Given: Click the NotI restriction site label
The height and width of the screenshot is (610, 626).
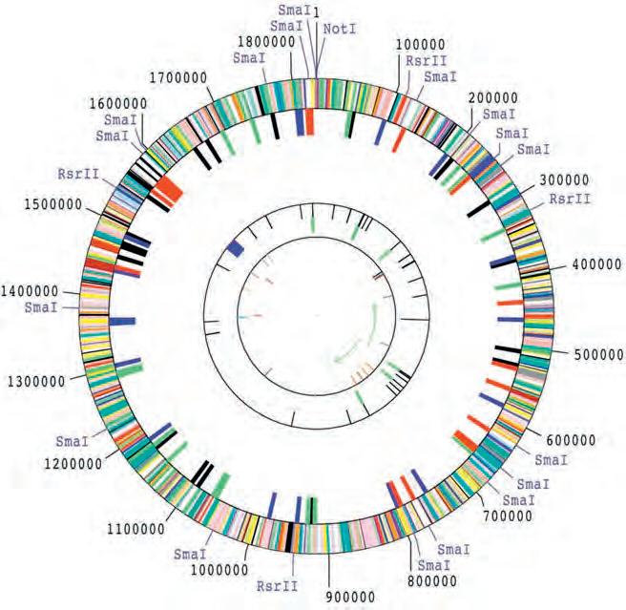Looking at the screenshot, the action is [x=341, y=30].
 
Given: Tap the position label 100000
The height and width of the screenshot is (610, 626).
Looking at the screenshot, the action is [x=421, y=44].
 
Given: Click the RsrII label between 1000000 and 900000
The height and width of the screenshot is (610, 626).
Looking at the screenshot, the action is [x=275, y=586].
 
